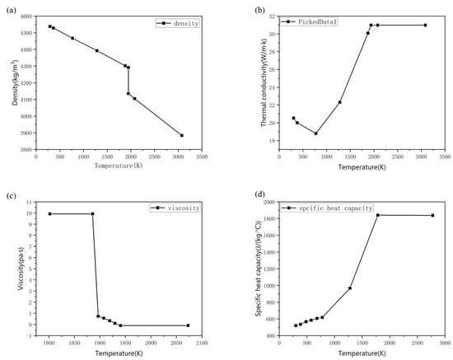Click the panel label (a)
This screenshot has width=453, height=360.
tap(10, 10)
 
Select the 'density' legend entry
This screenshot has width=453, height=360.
tap(189, 23)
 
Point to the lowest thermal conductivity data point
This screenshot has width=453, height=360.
tap(315, 133)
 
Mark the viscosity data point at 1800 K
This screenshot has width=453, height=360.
tap(49, 214)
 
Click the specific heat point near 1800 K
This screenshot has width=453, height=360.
tap(377, 215)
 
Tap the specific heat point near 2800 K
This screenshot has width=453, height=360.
tap(432, 216)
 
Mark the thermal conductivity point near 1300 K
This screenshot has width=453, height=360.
tap(339, 102)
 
